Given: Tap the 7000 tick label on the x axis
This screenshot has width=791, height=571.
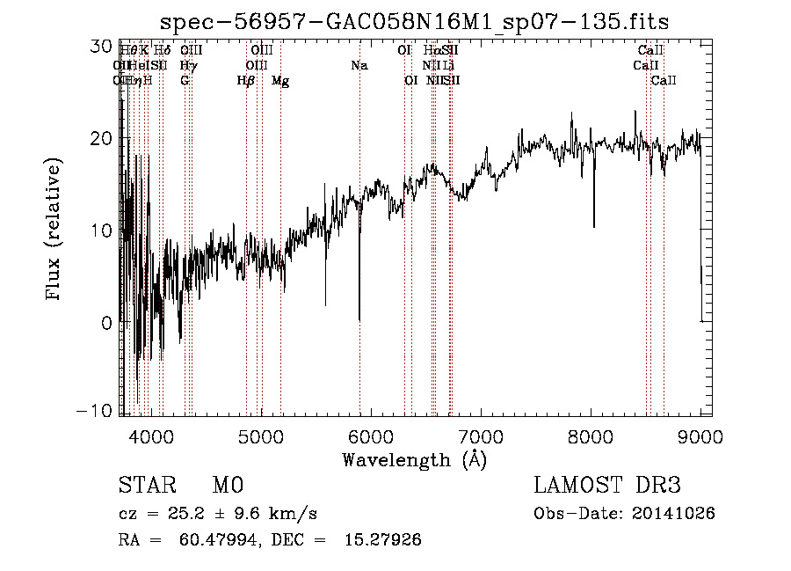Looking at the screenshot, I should click(x=480, y=434).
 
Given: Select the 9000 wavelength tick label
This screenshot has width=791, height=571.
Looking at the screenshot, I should click(x=700, y=434).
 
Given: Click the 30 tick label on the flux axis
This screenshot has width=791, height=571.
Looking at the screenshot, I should click(x=102, y=47).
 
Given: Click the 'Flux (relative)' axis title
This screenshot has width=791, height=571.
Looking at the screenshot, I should click(x=54, y=231).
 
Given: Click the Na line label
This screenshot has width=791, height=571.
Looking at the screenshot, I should click(x=359, y=66).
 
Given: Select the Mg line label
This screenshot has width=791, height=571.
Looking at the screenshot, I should click(x=280, y=81).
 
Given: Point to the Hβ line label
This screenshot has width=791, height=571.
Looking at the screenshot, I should click(x=246, y=81).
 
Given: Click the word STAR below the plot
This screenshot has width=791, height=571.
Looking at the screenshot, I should click(x=148, y=485).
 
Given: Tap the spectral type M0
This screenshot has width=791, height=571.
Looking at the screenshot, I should click(x=227, y=485).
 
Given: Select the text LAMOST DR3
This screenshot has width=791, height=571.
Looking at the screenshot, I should click(x=607, y=485).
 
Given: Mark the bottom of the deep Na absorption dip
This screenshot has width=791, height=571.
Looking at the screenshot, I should click(x=359, y=319).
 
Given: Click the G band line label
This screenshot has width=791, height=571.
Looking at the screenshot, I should click(x=185, y=81).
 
